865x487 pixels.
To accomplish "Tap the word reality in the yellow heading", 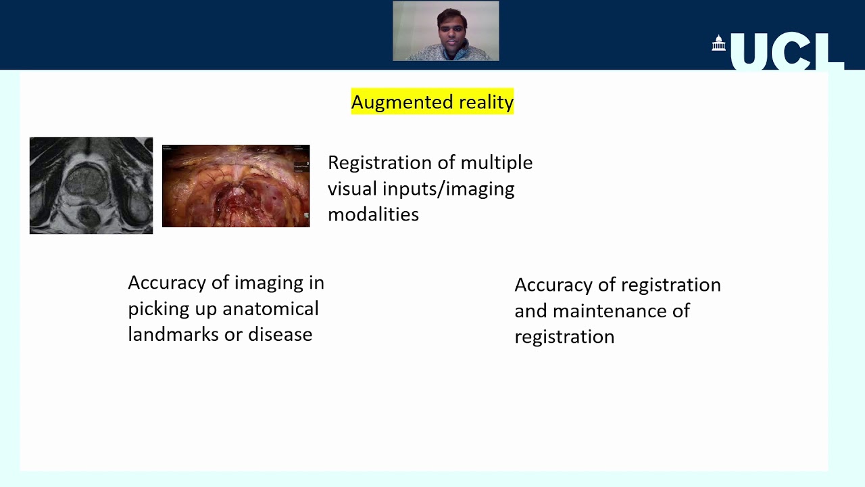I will pyautogui.click(x=486, y=102).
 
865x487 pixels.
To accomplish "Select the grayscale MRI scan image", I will pyautogui.click(x=91, y=185).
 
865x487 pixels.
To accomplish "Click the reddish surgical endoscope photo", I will pyautogui.click(x=236, y=186).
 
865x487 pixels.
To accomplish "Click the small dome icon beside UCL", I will pyautogui.click(x=718, y=44).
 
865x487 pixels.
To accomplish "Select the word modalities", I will pyautogui.click(x=373, y=214).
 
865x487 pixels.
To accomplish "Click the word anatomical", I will pyautogui.click(x=270, y=309).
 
